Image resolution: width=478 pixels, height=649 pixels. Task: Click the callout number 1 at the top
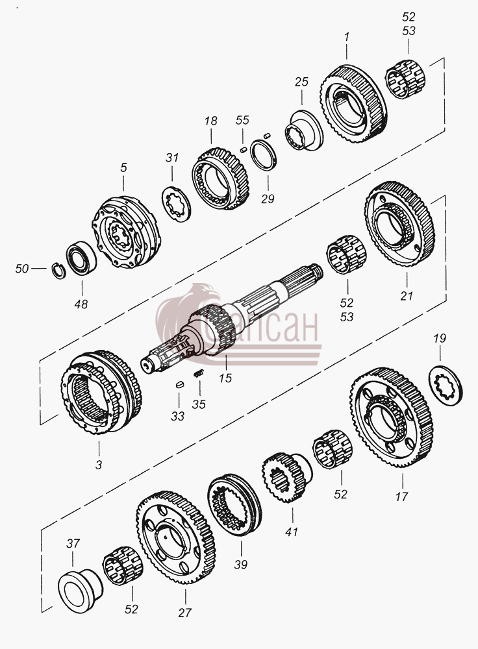[x=346, y=37]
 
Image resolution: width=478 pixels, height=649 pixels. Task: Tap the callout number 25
[x=301, y=82]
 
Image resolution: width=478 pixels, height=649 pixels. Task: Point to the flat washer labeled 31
[x=177, y=202]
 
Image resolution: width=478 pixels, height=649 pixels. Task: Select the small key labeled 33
[x=179, y=384]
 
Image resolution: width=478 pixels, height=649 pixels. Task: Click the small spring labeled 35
[x=199, y=373]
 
